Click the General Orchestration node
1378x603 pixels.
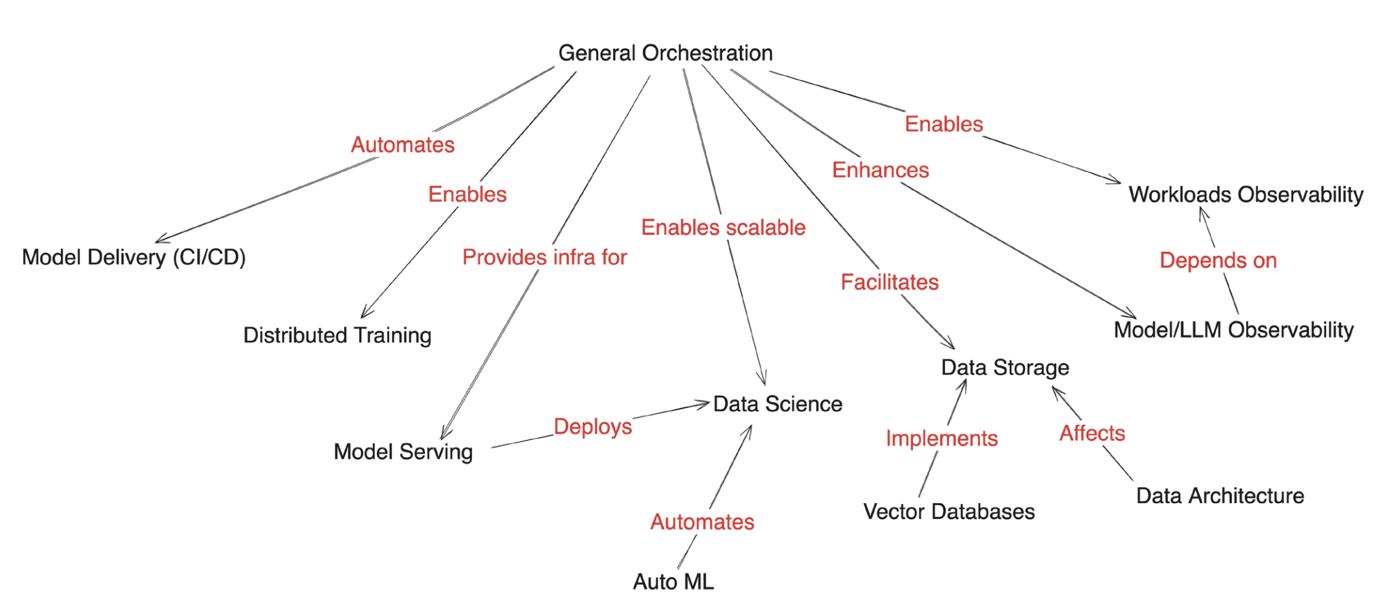pos(665,53)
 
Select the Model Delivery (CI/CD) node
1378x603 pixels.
pos(134,257)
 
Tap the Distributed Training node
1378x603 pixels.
pos(337,335)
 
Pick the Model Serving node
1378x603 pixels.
pos(403,452)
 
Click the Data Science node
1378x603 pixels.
pos(778,404)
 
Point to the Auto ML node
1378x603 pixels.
pos(673,582)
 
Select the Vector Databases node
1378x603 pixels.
pos(949,511)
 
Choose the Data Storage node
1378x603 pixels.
pos(1005,367)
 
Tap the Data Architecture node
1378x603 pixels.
pos(1220,496)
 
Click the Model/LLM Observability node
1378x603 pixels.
pos(1233,330)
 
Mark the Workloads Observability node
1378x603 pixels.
pos(1246,195)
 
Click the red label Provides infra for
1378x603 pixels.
pos(544,257)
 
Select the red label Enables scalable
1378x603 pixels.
pos(723,227)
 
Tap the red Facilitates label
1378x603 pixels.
pos(889,282)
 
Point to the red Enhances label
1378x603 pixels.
pos(880,170)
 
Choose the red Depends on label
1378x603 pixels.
pos(1218,260)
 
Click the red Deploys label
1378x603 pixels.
pos(593,426)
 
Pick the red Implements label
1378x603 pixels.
pos(942,439)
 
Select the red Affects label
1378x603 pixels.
pos(1092,433)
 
